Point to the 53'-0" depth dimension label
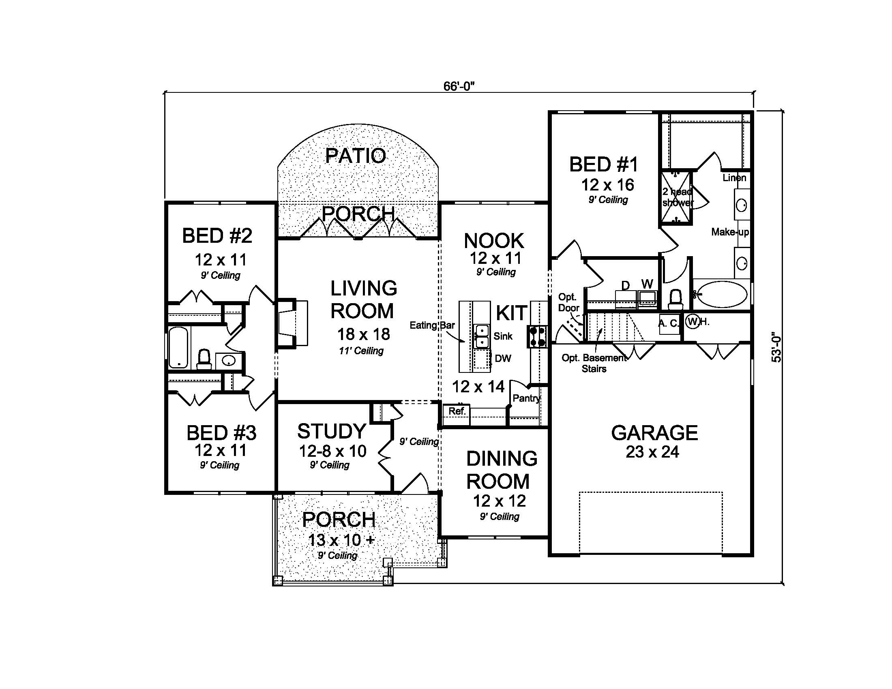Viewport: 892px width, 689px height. pyautogui.click(x=776, y=347)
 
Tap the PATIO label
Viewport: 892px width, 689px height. pyautogui.click(x=355, y=156)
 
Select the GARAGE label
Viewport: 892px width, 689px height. pyautogui.click(x=654, y=433)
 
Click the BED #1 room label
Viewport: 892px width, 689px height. pyautogui.click(x=603, y=165)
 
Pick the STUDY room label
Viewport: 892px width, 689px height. pyautogui.click(x=331, y=431)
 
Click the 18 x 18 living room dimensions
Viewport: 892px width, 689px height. pyautogui.click(x=363, y=334)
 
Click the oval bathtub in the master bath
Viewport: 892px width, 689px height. pyautogui.click(x=721, y=294)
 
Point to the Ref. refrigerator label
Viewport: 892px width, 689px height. pyautogui.click(x=457, y=411)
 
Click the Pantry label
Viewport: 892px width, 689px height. pyautogui.click(x=526, y=398)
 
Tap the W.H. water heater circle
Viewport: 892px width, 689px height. pyautogui.click(x=692, y=321)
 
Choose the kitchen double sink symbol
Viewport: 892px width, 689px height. pyautogui.click(x=482, y=336)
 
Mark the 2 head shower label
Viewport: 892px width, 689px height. pyautogui.click(x=678, y=197)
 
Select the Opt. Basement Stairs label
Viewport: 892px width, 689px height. pyautogui.click(x=594, y=363)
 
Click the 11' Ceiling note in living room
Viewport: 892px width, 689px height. pyautogui.click(x=361, y=351)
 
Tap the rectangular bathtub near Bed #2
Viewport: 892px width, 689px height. pyautogui.click(x=178, y=347)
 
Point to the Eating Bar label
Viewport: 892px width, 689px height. pyautogui.click(x=432, y=325)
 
